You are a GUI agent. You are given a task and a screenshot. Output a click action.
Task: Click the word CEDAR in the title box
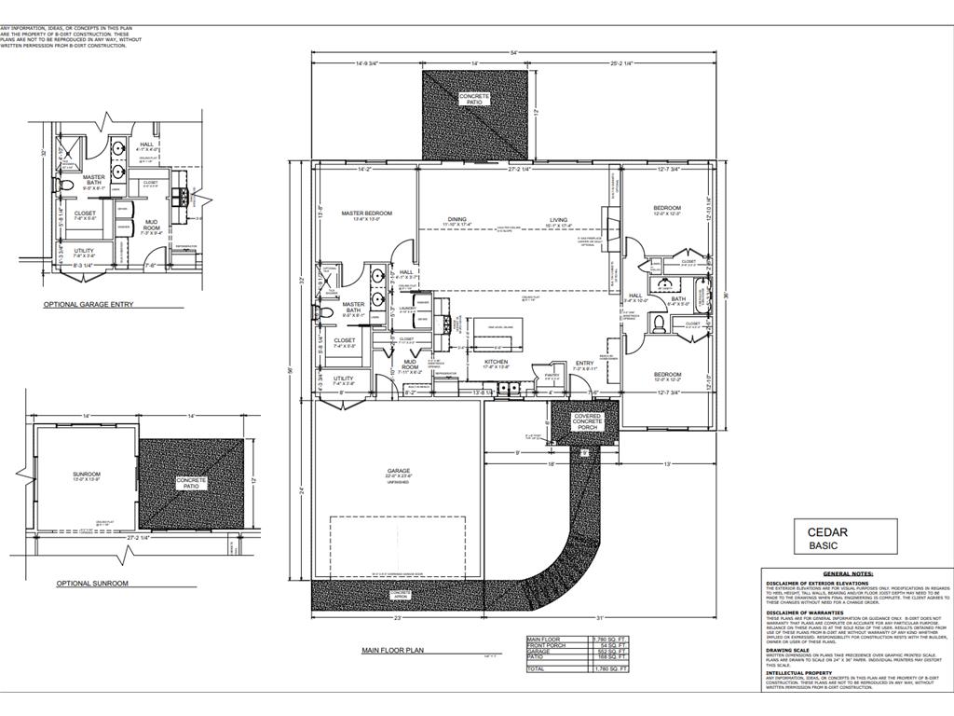(x=828, y=531)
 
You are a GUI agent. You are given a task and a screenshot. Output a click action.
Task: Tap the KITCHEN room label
(x=495, y=362)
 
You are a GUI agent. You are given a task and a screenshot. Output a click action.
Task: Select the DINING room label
(x=456, y=220)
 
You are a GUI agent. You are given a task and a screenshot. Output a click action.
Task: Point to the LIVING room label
(x=558, y=220)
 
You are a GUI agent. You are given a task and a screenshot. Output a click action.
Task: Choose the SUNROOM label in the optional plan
(x=86, y=475)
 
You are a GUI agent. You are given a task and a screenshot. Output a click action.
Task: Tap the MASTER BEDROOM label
(x=366, y=213)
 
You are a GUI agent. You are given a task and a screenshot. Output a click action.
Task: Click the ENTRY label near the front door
(x=584, y=363)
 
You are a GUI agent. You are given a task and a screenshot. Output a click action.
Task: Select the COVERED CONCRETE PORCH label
(x=587, y=421)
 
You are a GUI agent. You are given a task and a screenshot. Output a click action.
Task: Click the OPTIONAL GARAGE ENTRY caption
(x=88, y=305)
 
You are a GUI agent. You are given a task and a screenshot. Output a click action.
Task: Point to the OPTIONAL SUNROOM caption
(x=91, y=583)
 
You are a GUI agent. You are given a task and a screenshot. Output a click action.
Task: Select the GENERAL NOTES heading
(x=848, y=574)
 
